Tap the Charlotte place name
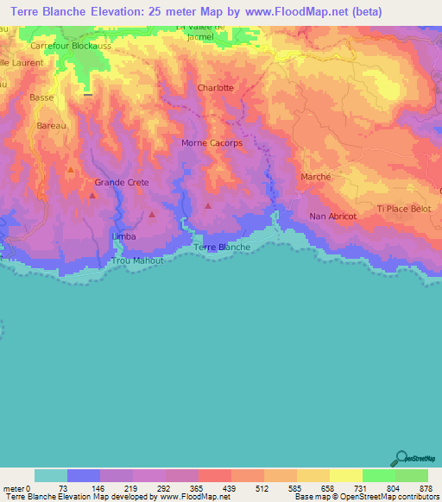[x=215, y=88]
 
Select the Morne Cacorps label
[x=212, y=143]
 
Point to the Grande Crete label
[x=122, y=183]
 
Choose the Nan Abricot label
[x=332, y=216]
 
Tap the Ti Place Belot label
[x=403, y=209]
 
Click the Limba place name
[x=124, y=235]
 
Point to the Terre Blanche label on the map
[x=222, y=248]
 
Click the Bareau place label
[x=52, y=126]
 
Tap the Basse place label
[x=41, y=97]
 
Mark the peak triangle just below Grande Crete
[x=92, y=196]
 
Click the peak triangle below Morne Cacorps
[x=208, y=205]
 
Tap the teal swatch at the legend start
[x=51, y=475]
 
